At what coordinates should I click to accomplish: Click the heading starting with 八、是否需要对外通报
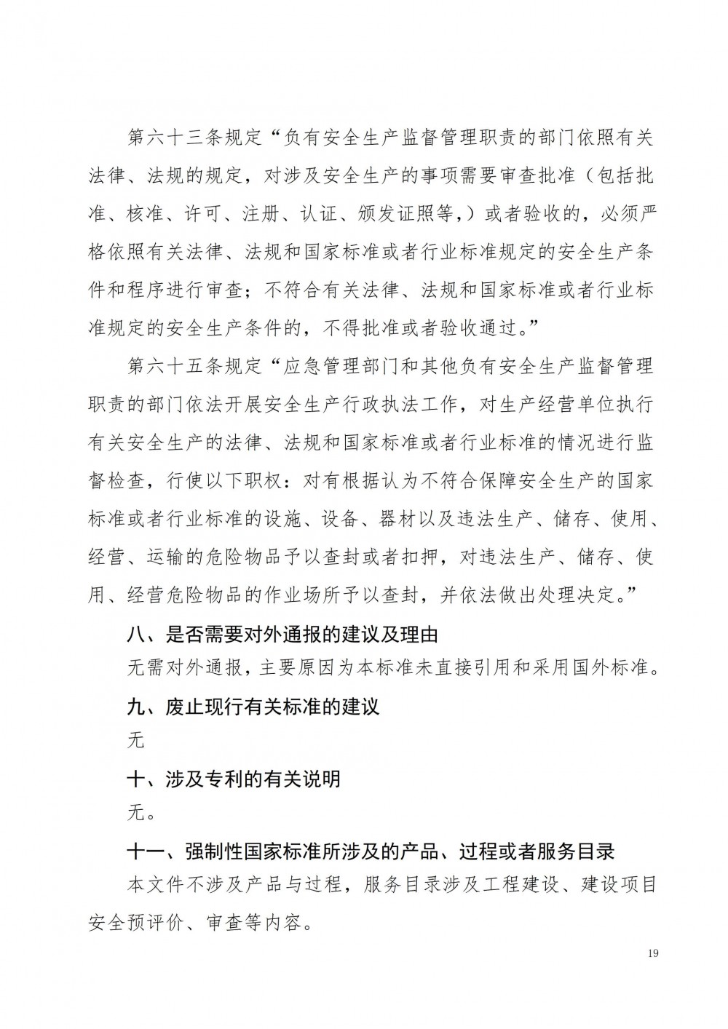[x=282, y=634]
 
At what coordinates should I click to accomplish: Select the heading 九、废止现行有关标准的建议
[x=253, y=707]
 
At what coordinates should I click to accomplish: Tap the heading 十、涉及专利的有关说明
[x=234, y=779]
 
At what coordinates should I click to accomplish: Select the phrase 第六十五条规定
[x=194, y=366]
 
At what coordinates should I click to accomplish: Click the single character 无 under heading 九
[x=136, y=741]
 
